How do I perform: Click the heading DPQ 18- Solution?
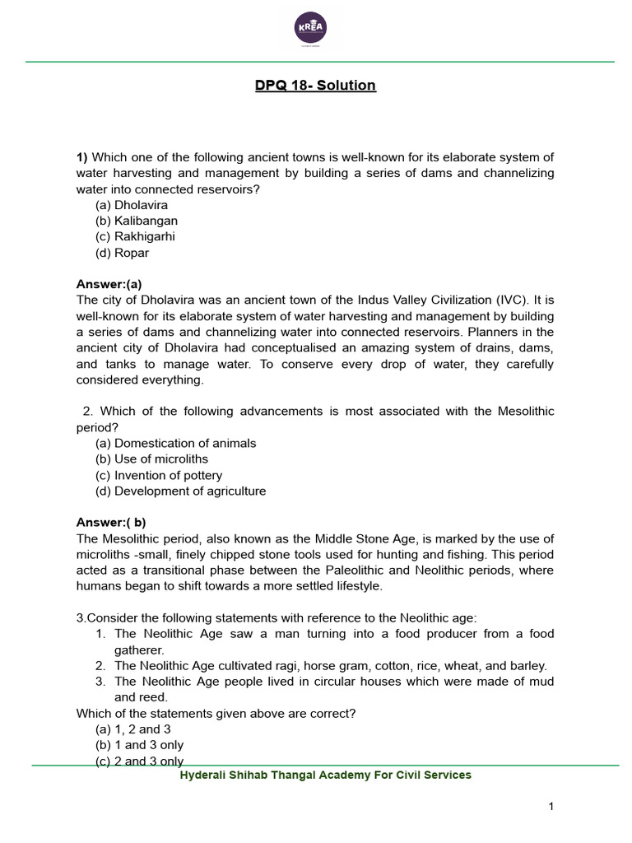pyautogui.click(x=315, y=85)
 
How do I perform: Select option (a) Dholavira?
pyautogui.click(x=123, y=205)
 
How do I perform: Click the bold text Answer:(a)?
pyautogui.click(x=109, y=284)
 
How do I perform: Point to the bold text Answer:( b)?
pyautogui.click(x=111, y=522)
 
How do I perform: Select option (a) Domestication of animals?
pyautogui.click(x=176, y=443)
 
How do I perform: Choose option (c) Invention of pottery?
pyautogui.click(x=159, y=475)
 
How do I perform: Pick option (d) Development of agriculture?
pyautogui.click(x=181, y=491)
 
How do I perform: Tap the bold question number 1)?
pyautogui.click(x=81, y=157)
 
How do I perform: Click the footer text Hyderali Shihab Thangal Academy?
pyautogui.click(x=326, y=775)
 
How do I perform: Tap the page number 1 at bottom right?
pyautogui.click(x=551, y=806)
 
